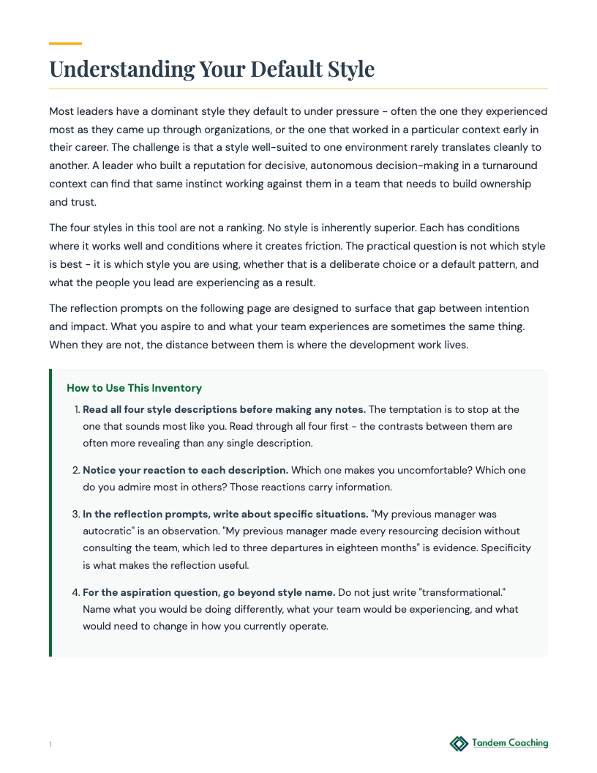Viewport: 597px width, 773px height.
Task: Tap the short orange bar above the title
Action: [x=65, y=44]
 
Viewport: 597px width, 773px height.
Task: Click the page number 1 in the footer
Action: [x=50, y=744]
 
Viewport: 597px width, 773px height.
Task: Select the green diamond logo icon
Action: [x=459, y=744]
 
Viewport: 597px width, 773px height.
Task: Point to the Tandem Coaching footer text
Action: [x=510, y=744]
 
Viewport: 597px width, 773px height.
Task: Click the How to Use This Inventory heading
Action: [x=134, y=388]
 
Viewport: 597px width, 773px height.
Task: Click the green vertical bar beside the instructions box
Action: [x=50, y=512]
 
